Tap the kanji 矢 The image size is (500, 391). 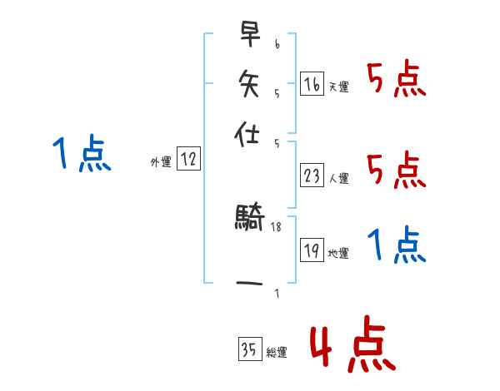click(x=249, y=83)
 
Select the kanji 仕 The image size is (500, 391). click(x=249, y=131)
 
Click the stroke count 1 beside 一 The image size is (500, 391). click(x=276, y=293)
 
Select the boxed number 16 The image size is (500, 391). click(x=312, y=84)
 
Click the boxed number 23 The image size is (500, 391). click(x=312, y=176)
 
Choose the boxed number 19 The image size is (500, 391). click(x=312, y=251)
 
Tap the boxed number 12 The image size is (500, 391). click(x=188, y=161)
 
